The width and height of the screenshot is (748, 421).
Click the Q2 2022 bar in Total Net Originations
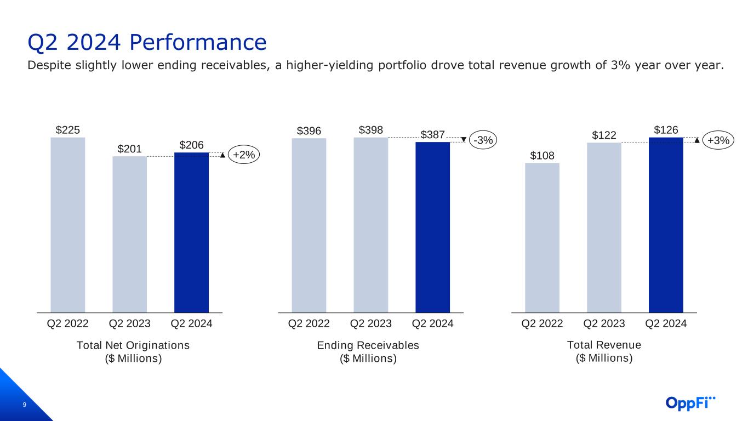click(67, 225)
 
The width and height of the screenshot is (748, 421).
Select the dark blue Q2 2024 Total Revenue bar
click(666, 225)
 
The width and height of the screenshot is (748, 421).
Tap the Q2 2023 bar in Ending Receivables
click(370, 225)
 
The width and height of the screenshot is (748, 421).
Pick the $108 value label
click(542, 155)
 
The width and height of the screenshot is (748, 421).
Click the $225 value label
click(68, 130)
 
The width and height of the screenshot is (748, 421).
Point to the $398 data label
click(371, 130)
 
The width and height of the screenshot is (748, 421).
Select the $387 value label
click(433, 135)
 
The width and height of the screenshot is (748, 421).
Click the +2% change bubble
click(243, 155)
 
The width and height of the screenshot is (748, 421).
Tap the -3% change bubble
click(483, 140)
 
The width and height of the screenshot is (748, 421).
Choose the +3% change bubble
click(718, 140)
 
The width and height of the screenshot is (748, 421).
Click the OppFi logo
click(690, 403)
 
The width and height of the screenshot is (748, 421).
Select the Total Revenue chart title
click(604, 345)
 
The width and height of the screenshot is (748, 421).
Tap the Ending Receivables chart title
click(368, 345)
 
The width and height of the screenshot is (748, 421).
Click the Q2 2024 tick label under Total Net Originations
click(191, 324)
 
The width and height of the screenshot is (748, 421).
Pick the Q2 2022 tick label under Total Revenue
click(542, 324)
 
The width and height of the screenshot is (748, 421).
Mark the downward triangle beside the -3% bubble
click(464, 139)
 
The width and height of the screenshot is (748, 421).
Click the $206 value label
click(191, 145)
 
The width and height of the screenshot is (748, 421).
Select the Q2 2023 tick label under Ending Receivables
click(370, 324)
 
